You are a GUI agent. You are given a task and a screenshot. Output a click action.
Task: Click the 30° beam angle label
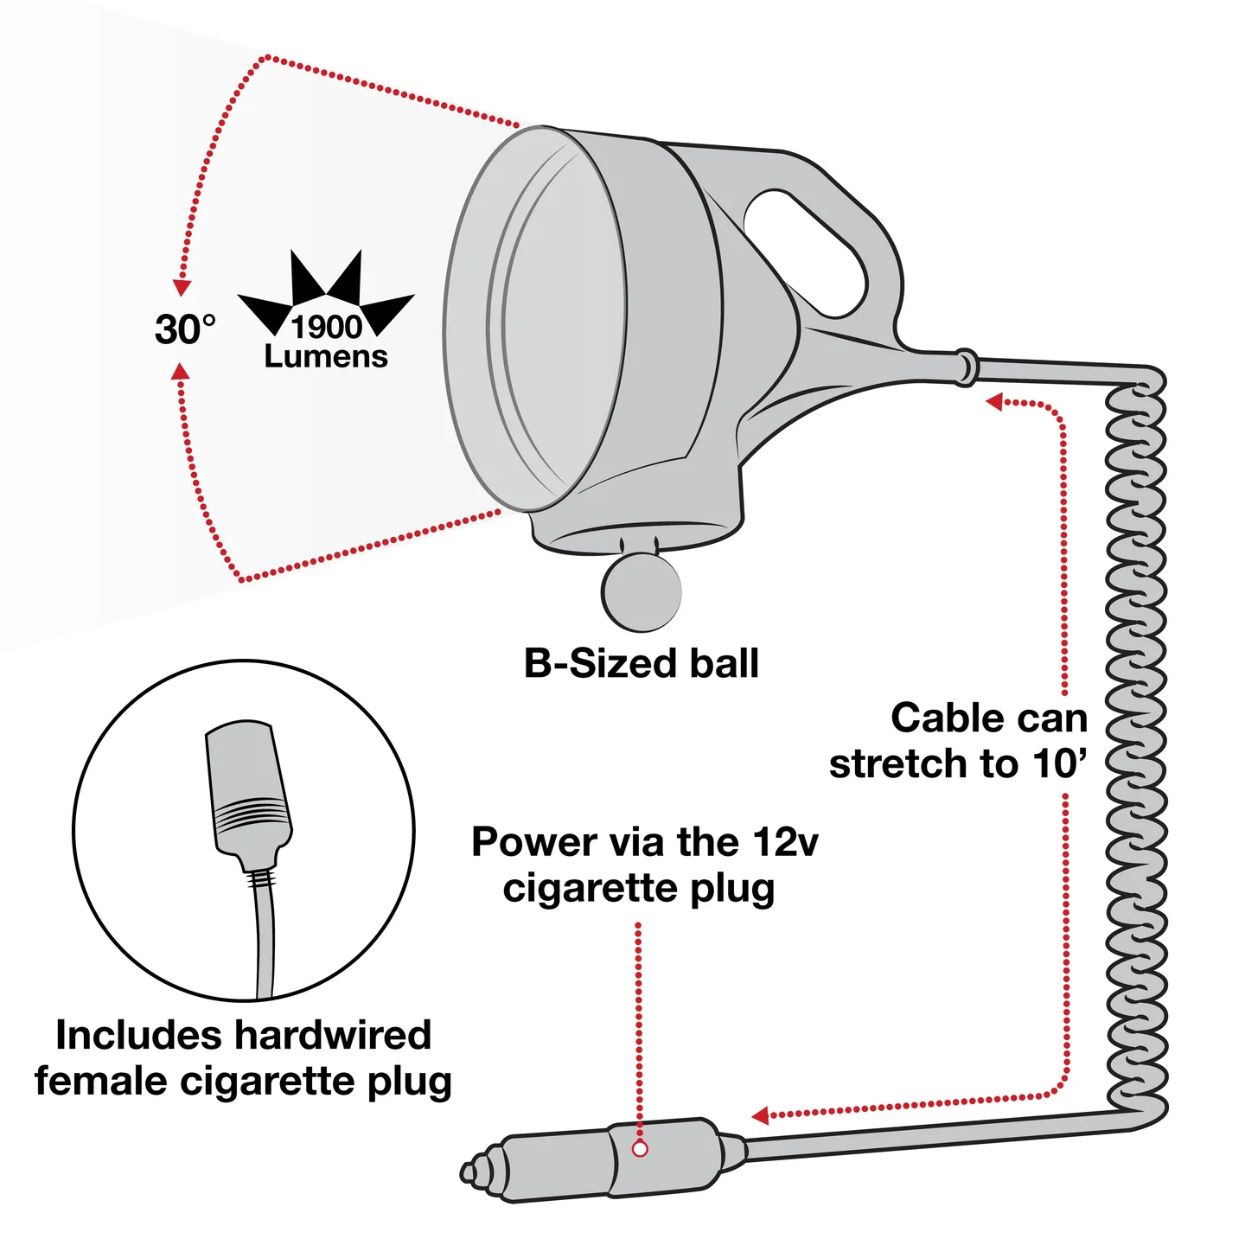click(185, 329)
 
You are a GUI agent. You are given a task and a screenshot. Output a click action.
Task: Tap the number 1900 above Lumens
click(326, 327)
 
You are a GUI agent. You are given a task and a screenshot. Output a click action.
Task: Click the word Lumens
click(326, 356)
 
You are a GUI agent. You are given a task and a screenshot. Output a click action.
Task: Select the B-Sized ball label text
click(641, 663)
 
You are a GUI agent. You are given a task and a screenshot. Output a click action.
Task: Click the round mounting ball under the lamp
click(641, 592)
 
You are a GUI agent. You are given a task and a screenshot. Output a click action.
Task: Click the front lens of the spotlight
click(535, 318)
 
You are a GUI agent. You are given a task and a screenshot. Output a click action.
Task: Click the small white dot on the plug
click(640, 1149)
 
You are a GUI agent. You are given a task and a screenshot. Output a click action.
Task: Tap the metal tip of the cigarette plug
click(474, 1172)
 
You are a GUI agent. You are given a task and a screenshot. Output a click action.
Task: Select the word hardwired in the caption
click(333, 1034)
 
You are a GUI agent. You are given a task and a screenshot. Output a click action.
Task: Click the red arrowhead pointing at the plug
click(761, 1115)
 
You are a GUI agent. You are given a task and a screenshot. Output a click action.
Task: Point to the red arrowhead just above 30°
click(182, 288)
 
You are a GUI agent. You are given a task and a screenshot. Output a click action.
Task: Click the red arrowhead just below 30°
click(182, 371)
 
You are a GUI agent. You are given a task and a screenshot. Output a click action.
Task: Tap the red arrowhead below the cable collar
click(994, 402)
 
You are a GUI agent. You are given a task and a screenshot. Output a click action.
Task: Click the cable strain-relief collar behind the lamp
click(965, 367)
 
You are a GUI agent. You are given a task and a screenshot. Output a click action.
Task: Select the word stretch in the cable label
click(900, 763)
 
